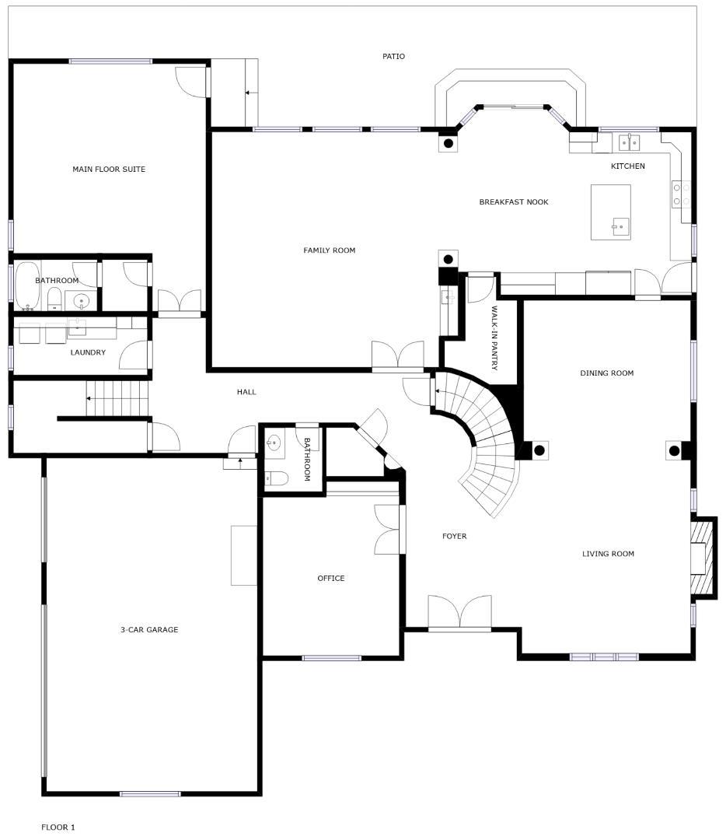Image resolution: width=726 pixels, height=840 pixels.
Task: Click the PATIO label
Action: tap(393, 56)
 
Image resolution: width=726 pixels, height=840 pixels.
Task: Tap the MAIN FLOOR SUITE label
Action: tap(109, 169)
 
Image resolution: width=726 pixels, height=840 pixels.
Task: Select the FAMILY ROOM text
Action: tap(329, 250)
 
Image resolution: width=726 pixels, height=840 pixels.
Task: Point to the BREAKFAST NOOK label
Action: tap(513, 201)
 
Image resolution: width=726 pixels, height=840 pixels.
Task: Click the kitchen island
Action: tap(610, 212)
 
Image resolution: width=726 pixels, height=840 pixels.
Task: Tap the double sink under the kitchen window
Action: tap(629, 142)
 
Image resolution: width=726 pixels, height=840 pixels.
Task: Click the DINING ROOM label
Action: tap(606, 373)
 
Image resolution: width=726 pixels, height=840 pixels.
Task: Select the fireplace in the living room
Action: tap(702, 558)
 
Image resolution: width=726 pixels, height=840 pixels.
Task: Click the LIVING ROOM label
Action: tap(608, 554)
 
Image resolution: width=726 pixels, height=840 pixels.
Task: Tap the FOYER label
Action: tap(454, 536)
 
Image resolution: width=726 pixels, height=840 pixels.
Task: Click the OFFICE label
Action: tap(330, 578)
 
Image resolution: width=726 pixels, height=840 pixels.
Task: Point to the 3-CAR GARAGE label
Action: tap(148, 629)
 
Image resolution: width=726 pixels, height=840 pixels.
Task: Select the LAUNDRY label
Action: tap(88, 352)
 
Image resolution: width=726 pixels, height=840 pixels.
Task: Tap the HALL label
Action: tap(246, 392)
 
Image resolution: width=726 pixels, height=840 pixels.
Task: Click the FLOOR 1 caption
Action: tap(58, 827)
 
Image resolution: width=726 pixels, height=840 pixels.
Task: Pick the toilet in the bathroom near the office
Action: tap(277, 478)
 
